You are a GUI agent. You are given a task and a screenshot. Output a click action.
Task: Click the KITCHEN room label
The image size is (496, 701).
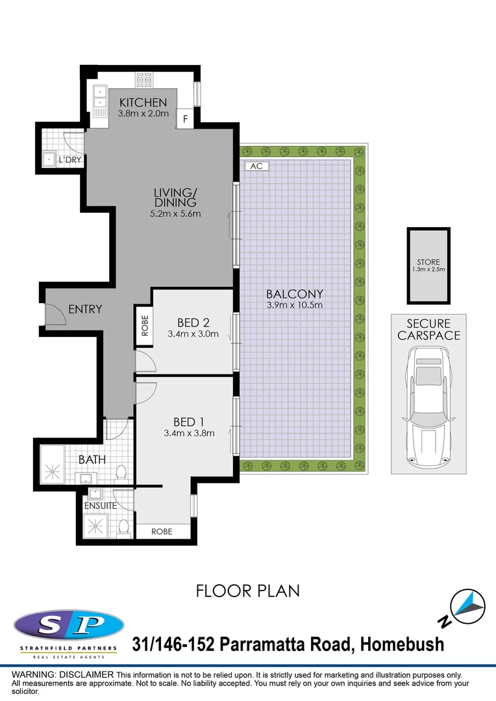point(143,103)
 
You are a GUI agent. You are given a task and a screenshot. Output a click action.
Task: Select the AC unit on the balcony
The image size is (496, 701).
point(256,166)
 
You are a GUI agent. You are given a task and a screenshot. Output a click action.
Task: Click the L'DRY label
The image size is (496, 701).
point(69,160)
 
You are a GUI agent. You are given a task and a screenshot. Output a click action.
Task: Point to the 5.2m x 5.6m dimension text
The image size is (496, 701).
point(175,214)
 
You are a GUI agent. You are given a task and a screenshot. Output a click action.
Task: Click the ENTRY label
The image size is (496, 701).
point(85,309)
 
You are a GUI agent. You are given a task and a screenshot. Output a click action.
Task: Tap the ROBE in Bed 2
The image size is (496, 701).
point(143,325)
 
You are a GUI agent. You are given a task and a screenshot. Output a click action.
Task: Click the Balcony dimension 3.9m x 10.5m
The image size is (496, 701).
point(294,305)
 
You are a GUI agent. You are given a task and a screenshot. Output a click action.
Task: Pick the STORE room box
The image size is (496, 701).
point(428,265)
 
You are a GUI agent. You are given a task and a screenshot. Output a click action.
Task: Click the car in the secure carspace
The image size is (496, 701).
point(428,409)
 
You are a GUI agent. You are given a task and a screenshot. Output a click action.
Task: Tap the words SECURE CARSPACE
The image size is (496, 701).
point(428,329)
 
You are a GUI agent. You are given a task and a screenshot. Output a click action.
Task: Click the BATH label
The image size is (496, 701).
point(92,460)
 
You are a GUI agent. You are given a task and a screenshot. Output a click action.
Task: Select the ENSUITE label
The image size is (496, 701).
point(100,505)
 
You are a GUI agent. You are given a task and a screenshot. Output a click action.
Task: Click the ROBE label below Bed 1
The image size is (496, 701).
point(162,531)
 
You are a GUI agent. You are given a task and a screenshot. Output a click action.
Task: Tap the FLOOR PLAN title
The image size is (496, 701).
point(248,591)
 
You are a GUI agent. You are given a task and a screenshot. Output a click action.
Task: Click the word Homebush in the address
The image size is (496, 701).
point(402,644)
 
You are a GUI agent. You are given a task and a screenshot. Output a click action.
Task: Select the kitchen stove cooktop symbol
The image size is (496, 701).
point(143,80)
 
